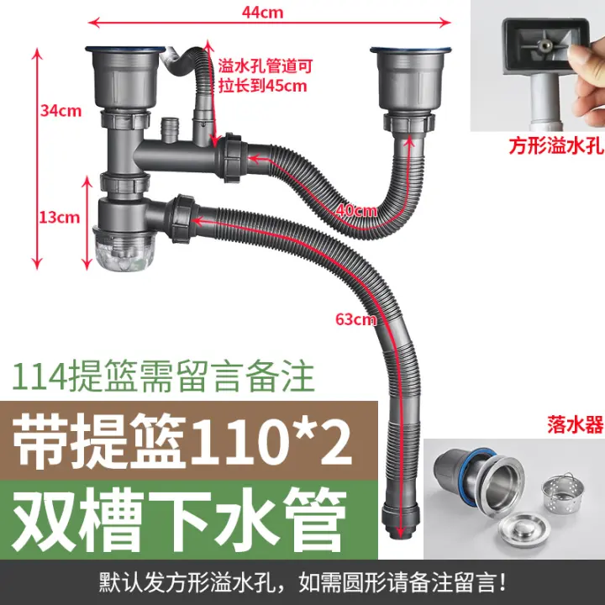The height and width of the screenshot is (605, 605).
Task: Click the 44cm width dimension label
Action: [x=262, y=13]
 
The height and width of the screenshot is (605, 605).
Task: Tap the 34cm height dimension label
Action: [x=61, y=111]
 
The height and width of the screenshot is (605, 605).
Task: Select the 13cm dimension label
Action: [x=59, y=218]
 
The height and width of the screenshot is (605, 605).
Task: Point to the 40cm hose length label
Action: [x=356, y=211]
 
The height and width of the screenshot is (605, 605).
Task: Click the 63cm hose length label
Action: [x=355, y=319]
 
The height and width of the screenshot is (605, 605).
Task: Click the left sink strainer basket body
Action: [x=125, y=78]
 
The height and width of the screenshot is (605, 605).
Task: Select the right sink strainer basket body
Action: [x=411, y=79]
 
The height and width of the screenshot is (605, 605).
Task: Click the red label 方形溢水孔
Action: [x=556, y=146]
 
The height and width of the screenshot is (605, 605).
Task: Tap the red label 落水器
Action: [x=575, y=425]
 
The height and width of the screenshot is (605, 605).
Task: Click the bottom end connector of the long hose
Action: [x=400, y=519]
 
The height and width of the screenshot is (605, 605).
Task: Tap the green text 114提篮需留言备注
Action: [x=163, y=376]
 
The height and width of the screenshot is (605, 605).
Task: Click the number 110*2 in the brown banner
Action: [x=270, y=440]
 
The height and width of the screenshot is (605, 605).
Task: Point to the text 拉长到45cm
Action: [x=263, y=85]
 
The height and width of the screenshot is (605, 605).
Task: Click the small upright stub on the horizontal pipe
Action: [x=169, y=130]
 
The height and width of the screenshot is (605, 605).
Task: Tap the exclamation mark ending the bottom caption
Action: [x=502, y=582]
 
